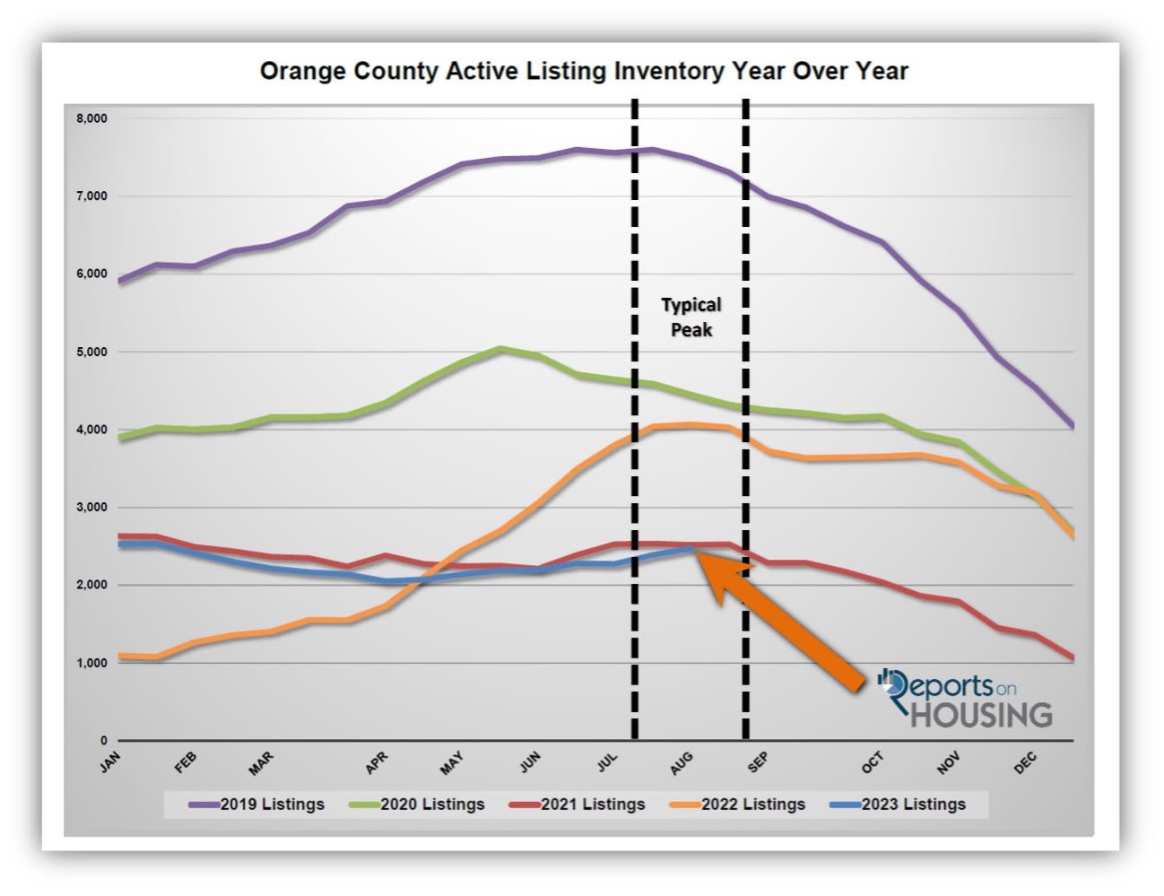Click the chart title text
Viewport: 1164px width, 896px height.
tap(583, 71)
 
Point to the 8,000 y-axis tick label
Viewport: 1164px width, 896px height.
tap(91, 118)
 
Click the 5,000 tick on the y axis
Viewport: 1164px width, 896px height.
tap(91, 352)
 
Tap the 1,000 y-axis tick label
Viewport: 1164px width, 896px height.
tap(91, 663)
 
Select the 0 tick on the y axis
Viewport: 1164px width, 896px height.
tap(104, 741)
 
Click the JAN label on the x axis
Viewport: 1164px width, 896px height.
tap(110, 762)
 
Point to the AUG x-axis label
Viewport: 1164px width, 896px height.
tap(682, 763)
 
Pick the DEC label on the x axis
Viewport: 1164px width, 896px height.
tap(1025, 763)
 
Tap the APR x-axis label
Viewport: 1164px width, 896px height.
tap(377, 763)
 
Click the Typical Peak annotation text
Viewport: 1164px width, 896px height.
tap(691, 318)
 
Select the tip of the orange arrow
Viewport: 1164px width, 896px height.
tap(699, 552)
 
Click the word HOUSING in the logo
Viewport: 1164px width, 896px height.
tap(982, 716)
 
